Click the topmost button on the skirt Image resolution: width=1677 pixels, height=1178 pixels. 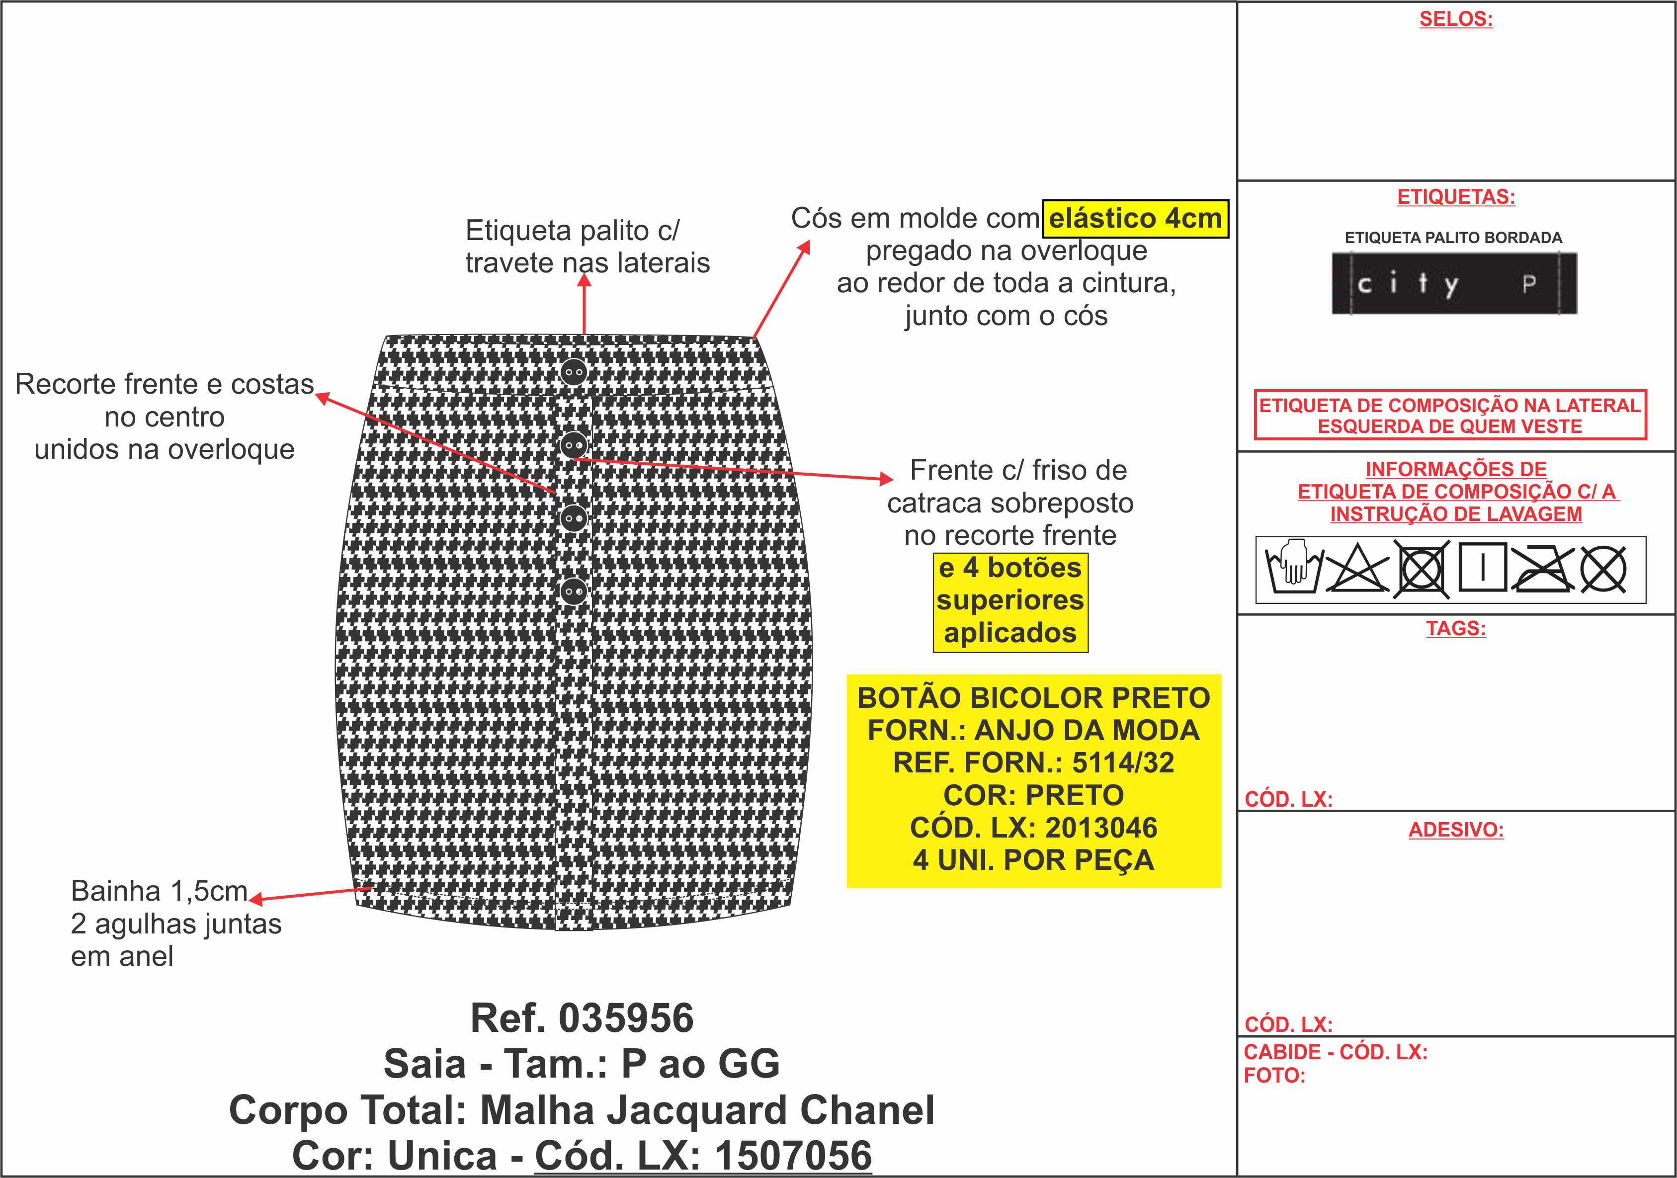574,372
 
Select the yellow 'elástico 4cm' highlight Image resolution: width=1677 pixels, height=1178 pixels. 1135,218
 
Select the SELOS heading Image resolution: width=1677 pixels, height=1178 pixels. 1456,19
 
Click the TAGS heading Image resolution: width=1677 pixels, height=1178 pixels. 1456,628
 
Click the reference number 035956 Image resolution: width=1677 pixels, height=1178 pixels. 626,1018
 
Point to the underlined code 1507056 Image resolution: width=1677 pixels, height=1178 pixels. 793,1155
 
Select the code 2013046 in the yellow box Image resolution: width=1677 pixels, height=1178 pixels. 1101,828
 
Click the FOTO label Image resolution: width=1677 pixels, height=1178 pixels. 1274,1075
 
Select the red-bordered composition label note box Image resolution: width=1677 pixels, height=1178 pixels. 1450,415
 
